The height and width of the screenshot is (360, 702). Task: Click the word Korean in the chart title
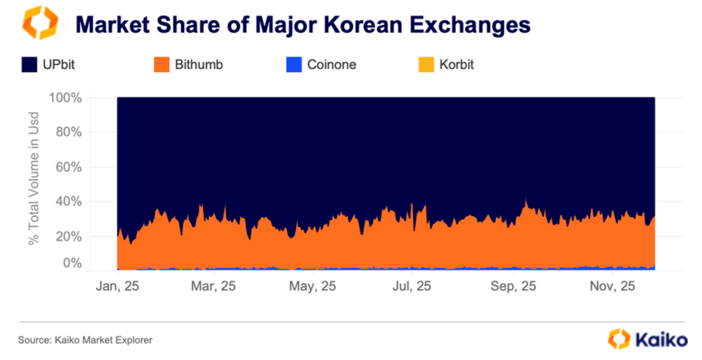pos(363,25)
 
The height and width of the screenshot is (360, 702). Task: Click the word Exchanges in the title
pos(470,25)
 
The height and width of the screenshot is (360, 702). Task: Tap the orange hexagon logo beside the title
pos(40,23)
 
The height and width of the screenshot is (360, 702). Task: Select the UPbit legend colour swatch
pos(30,65)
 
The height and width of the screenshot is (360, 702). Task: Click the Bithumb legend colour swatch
pos(162,65)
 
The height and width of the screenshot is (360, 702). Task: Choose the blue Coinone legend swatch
pos(294,65)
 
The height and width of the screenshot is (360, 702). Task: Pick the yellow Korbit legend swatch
pos(426,65)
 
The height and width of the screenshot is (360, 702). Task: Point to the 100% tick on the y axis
pos(65,98)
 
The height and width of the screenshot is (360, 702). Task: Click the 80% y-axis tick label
pos(68,132)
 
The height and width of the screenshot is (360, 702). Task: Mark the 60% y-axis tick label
pos(68,167)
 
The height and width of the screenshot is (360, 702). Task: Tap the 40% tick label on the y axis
pos(68,201)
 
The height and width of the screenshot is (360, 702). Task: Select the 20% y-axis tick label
pos(68,236)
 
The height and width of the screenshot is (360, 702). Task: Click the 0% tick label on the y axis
pos(72,262)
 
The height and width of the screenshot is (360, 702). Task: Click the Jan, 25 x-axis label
pos(117,286)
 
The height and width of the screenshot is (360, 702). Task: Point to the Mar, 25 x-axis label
pos(213,286)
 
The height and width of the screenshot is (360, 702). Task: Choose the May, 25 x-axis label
pos(312,286)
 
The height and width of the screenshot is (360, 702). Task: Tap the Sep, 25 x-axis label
pos(513,286)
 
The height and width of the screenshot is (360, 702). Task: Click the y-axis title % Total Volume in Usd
pos(34,178)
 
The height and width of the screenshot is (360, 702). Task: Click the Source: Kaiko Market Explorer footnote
pos(85,340)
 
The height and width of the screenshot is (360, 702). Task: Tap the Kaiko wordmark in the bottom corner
pos(661,340)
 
